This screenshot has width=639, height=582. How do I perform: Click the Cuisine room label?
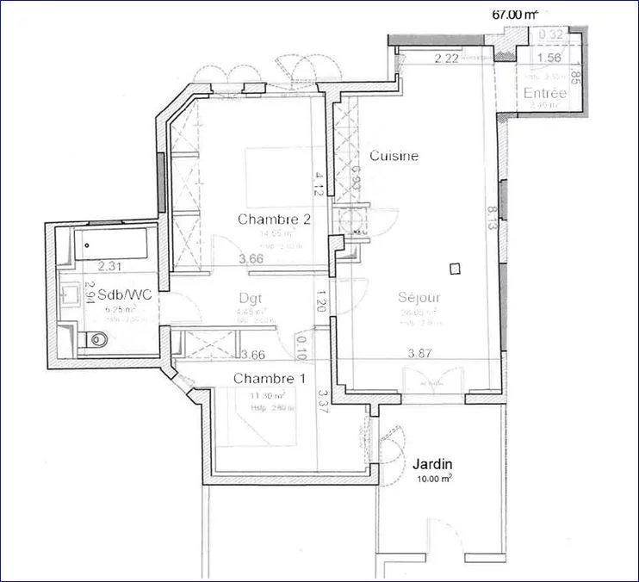tap(394, 156)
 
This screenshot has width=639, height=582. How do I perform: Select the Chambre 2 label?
tap(274, 220)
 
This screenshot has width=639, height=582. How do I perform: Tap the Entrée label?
tap(544, 93)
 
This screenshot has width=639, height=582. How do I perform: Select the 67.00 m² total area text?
tap(514, 14)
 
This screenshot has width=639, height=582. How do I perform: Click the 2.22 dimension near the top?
tap(446, 59)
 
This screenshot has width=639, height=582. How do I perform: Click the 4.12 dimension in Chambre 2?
tap(319, 183)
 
